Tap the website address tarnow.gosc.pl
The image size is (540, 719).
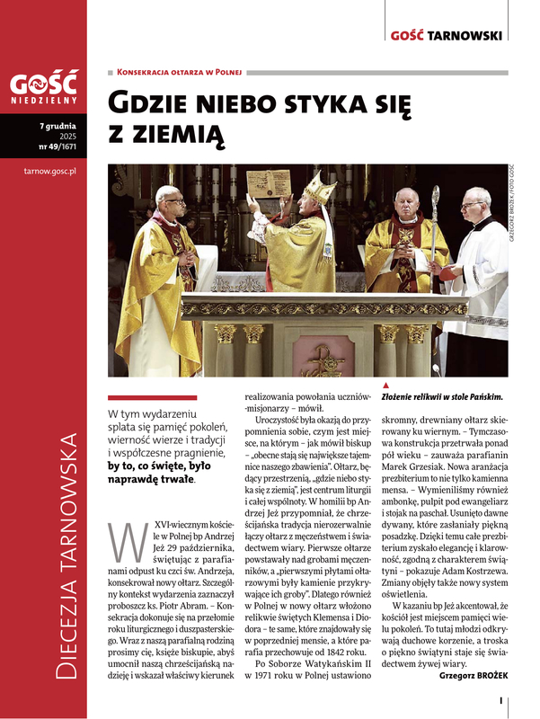coord(45,168)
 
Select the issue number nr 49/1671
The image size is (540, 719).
coord(58,146)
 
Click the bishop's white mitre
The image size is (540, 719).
coord(316,189)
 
